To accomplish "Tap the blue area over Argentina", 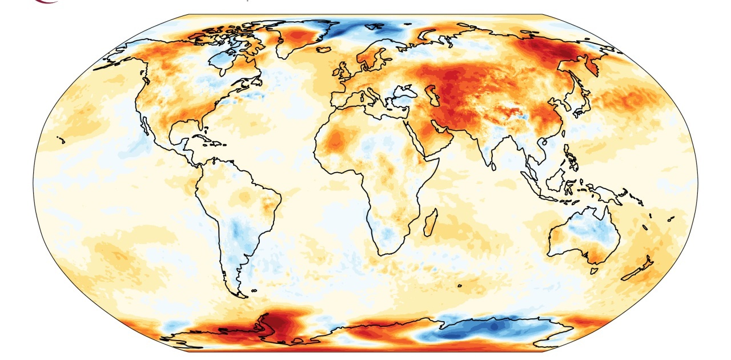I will click(238, 234).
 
